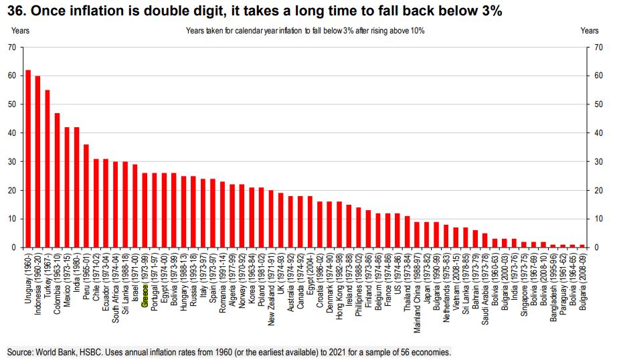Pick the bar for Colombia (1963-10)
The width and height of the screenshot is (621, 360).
point(57,181)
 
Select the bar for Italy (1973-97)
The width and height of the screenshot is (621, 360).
point(203,213)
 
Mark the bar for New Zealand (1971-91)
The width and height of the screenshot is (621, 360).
point(271,219)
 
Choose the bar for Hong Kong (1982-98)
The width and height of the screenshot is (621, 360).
point(339,225)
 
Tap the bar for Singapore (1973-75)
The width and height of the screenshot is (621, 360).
point(523,245)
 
